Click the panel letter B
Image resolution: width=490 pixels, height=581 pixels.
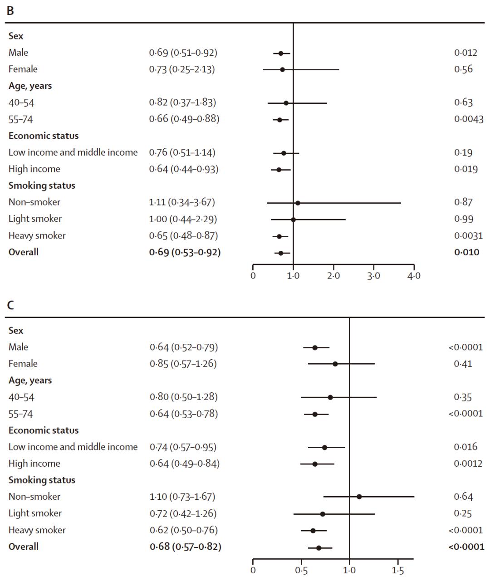10,10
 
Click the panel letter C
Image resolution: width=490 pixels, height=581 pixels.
10,305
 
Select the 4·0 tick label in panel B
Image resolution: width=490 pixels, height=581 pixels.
414,276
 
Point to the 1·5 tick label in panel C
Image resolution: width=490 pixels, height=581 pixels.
398,571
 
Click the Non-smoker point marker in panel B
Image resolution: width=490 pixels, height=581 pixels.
298,203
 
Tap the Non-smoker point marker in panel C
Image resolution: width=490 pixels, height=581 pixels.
359,497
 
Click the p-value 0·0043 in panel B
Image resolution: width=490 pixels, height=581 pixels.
469,119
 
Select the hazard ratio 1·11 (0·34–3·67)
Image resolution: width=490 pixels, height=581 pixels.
182,202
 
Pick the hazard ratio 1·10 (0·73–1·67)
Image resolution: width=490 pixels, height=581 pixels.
182,497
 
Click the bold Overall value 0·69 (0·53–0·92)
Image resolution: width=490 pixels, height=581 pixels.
185,252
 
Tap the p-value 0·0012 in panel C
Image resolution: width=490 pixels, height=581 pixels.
468,464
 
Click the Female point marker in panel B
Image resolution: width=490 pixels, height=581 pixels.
282,69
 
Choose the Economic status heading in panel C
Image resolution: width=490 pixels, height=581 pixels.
44,430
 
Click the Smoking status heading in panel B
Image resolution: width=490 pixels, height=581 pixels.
42,186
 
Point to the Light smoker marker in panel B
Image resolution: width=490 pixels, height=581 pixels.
293,220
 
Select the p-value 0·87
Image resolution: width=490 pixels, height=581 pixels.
463,202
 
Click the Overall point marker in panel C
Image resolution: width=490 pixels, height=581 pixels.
318,548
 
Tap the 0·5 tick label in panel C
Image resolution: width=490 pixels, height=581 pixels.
301,571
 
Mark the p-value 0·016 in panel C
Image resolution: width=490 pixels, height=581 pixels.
465,447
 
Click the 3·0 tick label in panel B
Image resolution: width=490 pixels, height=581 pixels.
373,276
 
